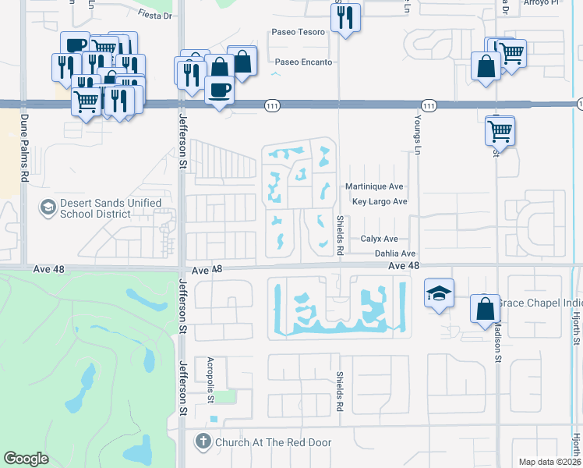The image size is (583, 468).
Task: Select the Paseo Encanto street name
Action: (x=302, y=62)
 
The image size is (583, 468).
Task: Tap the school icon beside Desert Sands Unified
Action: (x=48, y=207)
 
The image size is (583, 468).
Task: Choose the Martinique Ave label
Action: (x=374, y=187)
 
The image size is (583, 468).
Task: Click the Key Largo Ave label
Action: (x=380, y=201)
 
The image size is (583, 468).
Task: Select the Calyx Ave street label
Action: (x=379, y=239)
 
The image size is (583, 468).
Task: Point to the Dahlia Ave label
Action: (x=394, y=253)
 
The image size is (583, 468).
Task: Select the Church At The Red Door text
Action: (x=273, y=442)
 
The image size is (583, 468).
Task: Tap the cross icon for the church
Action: (x=203, y=442)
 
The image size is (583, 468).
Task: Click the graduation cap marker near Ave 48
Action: (x=439, y=295)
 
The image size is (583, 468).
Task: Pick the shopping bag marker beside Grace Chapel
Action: (x=484, y=308)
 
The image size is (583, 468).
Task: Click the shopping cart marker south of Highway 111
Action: (x=499, y=130)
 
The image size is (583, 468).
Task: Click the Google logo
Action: (x=26, y=459)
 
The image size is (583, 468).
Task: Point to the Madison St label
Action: (x=496, y=344)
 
